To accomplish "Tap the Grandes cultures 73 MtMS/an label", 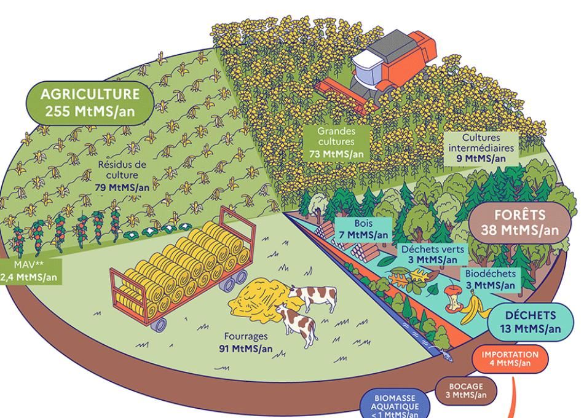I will point(336,143).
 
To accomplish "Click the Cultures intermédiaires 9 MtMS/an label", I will point(483,148).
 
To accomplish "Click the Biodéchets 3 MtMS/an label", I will point(490,278).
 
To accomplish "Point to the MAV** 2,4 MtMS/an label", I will point(30,271).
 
